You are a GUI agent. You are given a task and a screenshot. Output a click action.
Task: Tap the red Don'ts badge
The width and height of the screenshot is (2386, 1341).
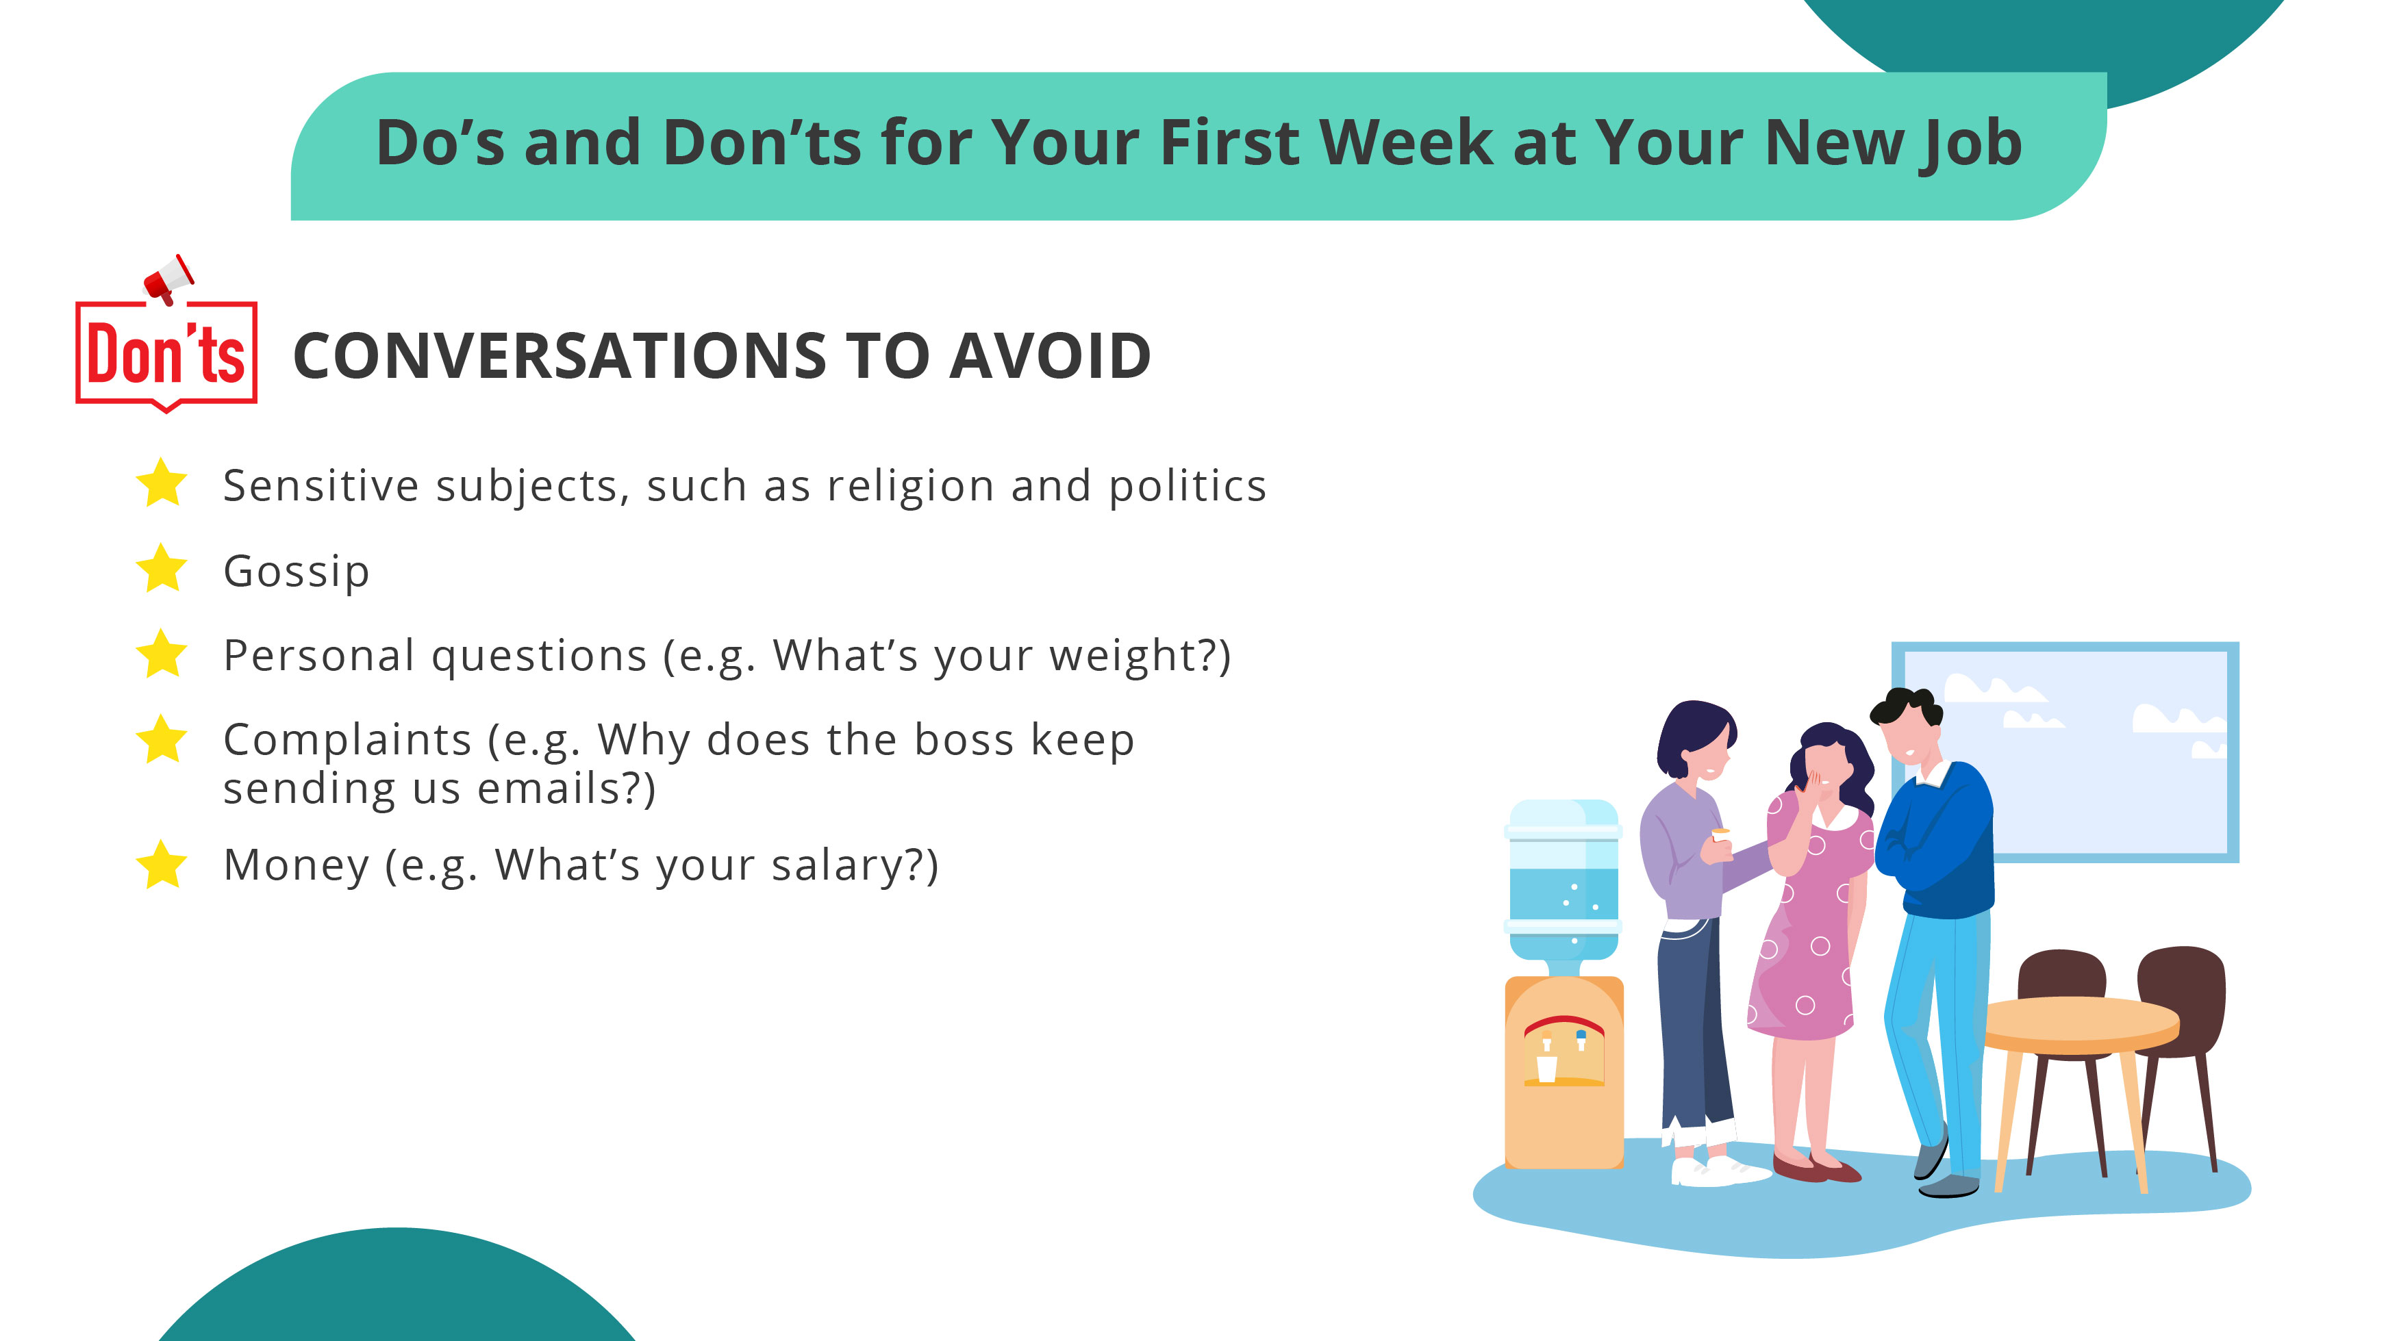166,354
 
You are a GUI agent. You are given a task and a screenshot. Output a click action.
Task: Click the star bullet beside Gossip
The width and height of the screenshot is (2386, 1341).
162,569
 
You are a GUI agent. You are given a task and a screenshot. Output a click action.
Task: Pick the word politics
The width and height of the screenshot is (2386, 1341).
1188,486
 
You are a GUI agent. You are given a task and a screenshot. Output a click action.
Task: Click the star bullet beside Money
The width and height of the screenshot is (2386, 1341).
162,865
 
